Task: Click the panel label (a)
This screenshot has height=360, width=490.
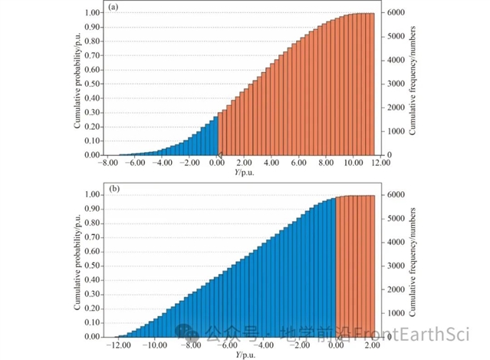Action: [x=112, y=8]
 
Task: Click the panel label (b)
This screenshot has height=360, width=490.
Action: [x=112, y=190]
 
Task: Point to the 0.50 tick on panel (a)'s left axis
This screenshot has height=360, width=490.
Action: [x=92, y=84]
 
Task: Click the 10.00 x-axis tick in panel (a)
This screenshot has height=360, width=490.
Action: [x=353, y=163]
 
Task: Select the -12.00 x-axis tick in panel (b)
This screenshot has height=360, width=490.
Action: [x=117, y=345]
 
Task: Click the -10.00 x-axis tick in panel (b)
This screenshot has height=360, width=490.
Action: [x=154, y=345]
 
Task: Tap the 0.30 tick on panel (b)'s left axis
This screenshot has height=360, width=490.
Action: [x=92, y=294]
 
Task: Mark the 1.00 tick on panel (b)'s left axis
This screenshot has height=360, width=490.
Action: [x=92, y=195]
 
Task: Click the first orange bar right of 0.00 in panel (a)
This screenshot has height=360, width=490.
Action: [x=222, y=134]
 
